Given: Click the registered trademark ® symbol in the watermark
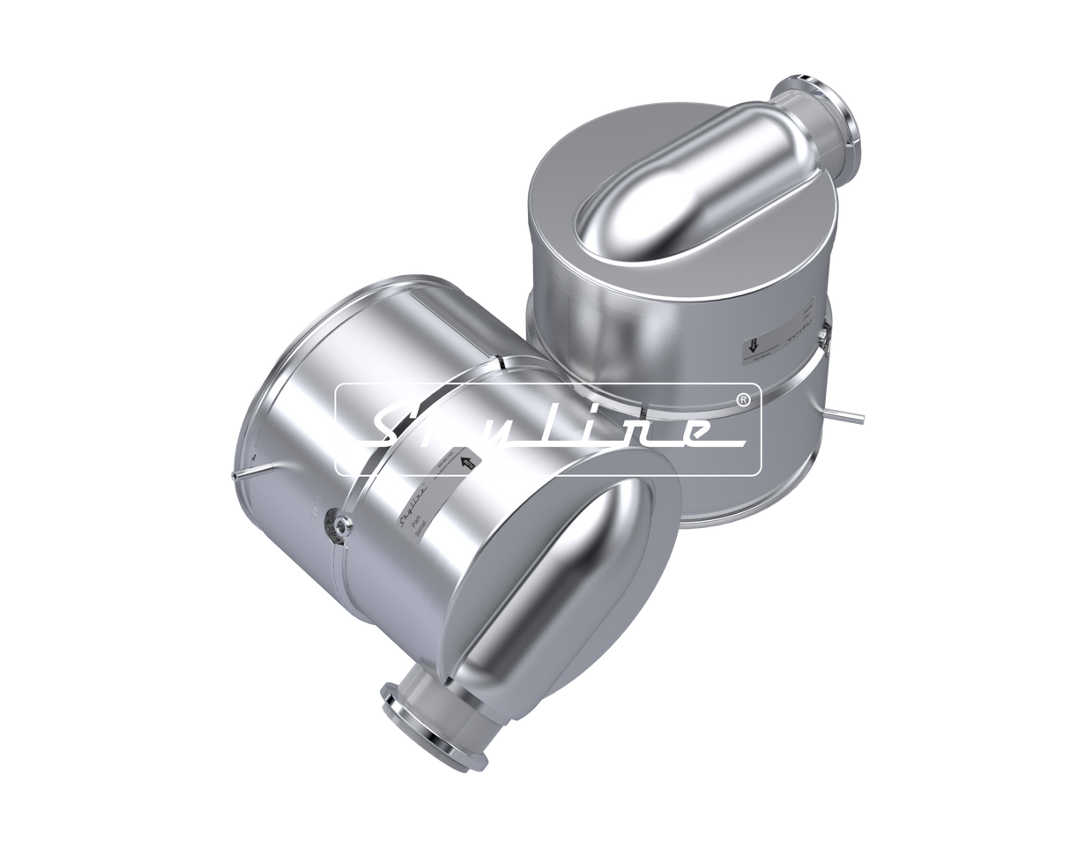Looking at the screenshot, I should point(742,399).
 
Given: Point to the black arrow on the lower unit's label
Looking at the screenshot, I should point(467,459).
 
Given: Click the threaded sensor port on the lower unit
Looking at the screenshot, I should point(338,525).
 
